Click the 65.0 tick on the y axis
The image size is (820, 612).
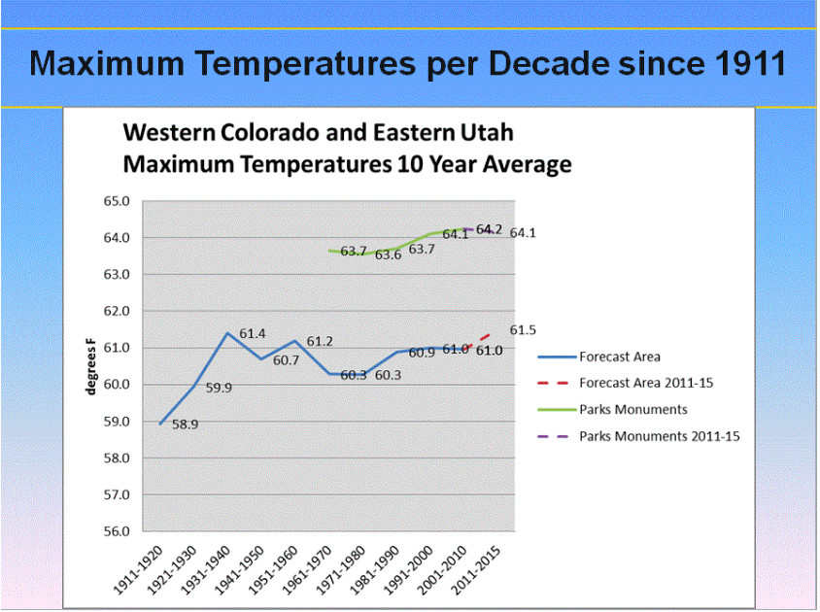pos(117,201)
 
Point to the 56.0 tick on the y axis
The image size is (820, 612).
pos(117,531)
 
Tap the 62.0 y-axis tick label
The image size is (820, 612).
pos(117,311)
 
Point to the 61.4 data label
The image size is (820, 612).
pos(253,334)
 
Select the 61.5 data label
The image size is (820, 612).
pos(523,331)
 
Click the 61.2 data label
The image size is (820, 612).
pos(321,342)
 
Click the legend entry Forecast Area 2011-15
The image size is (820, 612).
pos(646,383)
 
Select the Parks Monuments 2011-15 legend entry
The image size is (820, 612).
pos(660,436)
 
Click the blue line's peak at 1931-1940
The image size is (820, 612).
pos(227,333)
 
